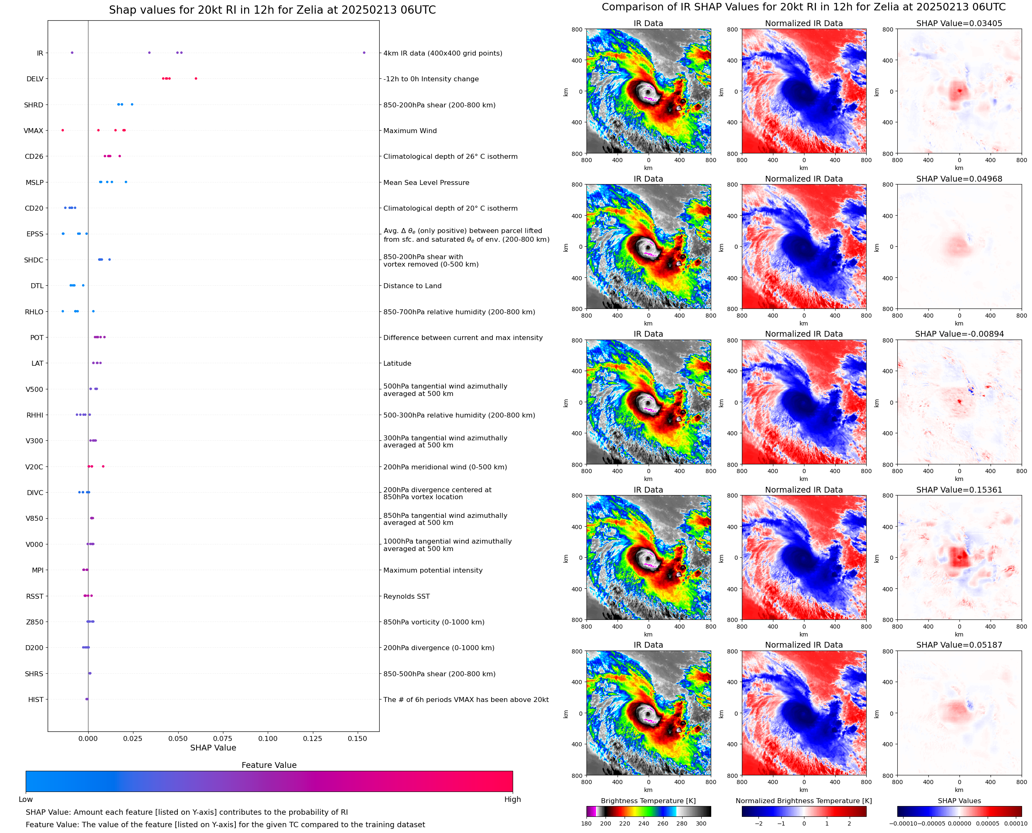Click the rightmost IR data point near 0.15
(364, 53)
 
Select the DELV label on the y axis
(34, 79)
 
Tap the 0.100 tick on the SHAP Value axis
(268, 738)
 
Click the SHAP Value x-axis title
(213, 748)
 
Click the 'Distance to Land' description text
(412, 286)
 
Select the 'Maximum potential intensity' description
(433, 570)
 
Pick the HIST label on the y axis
(36, 699)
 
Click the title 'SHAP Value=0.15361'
(959, 490)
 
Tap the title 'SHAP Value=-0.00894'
(959, 334)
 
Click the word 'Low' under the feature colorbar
(25, 799)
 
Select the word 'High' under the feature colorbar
(512, 799)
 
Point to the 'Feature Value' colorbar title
(269, 765)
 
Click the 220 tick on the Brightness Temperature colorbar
(624, 823)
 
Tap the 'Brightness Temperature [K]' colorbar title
(648, 801)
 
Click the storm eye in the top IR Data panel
(648, 92)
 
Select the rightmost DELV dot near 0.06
(196, 79)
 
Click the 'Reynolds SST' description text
(406, 596)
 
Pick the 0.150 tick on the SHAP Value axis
(357, 738)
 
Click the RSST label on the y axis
(34, 596)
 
